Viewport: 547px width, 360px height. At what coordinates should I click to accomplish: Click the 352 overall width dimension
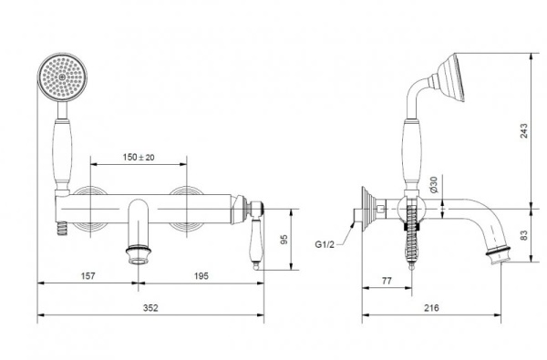coord(150,308)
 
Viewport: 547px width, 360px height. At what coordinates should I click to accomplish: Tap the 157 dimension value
coord(88,276)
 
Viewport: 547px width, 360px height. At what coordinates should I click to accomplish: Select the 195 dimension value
coord(201,276)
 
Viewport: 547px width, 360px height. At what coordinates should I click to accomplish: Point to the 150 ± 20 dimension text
coord(139,158)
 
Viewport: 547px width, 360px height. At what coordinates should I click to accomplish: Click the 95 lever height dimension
coord(284,240)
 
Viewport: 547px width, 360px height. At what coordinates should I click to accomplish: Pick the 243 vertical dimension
coord(524,131)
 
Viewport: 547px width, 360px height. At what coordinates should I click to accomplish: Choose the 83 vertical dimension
coord(524,235)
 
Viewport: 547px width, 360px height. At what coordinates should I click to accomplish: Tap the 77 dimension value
coord(387,281)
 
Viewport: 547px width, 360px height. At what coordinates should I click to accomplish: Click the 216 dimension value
coord(431,308)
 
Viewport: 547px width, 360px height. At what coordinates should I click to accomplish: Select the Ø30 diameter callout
coord(433,184)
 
